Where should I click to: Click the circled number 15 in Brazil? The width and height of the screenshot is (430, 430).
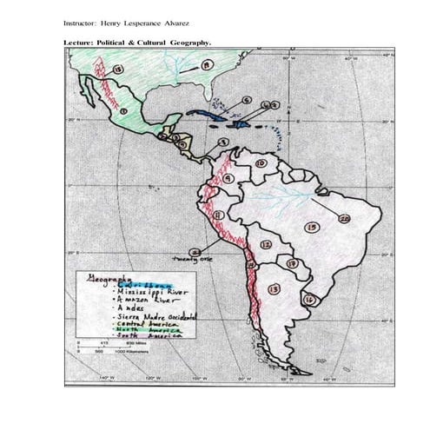[312, 228]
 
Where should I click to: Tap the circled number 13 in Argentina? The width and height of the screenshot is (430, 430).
[274, 289]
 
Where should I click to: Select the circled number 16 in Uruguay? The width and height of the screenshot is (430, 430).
[308, 299]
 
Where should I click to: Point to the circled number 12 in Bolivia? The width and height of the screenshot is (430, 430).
[266, 245]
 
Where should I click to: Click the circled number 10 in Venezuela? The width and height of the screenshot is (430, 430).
[260, 162]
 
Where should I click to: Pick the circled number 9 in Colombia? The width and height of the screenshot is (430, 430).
[228, 178]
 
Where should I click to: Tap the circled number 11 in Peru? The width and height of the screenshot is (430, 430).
[218, 215]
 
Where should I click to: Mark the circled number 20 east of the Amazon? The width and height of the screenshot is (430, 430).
[344, 219]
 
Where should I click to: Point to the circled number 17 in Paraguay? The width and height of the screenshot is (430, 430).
[293, 262]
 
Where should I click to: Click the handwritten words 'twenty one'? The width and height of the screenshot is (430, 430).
[195, 258]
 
